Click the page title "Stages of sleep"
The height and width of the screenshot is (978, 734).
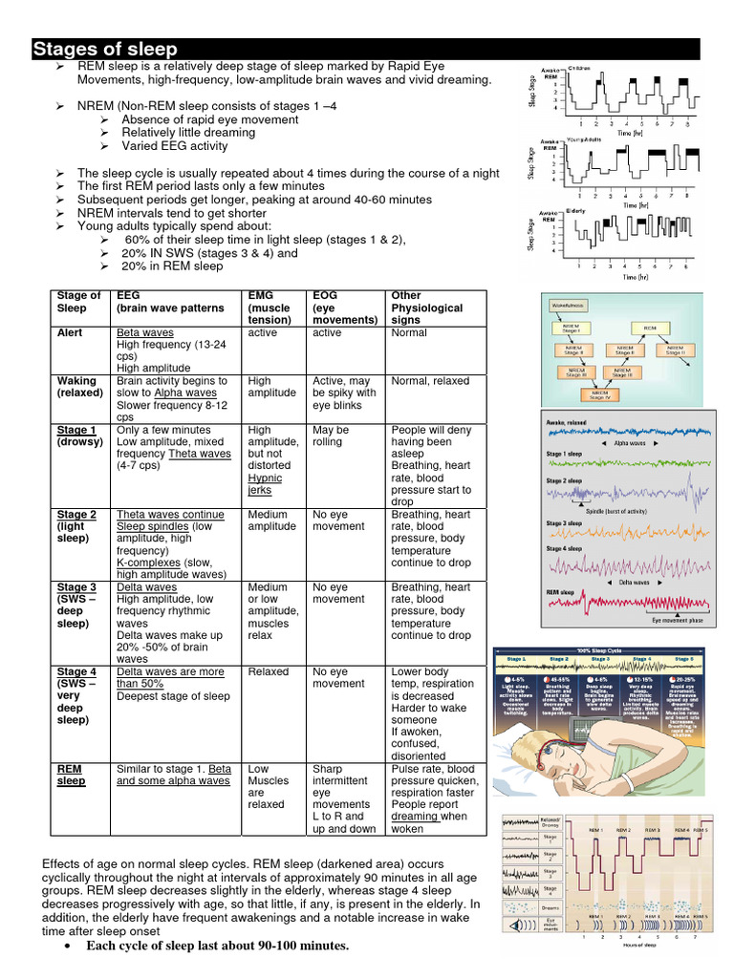[x=105, y=50]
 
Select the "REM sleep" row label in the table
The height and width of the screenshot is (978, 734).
[x=72, y=775]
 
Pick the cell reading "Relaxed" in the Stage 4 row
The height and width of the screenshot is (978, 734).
[x=269, y=672]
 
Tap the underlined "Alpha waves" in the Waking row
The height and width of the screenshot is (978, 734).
[x=199, y=393]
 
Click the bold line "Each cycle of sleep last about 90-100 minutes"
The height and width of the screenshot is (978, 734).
[x=217, y=946]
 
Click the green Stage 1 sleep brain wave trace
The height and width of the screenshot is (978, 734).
[x=626, y=467]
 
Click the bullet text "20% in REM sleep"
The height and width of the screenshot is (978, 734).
[x=172, y=266]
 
